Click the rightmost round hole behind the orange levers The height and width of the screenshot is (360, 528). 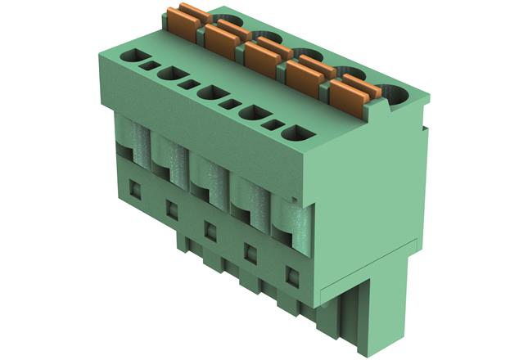coord(398,97)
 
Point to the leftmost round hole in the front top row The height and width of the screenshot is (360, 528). coord(130,56)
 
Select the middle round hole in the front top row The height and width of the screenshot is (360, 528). coord(212,92)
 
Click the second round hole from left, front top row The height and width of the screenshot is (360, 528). coord(170,74)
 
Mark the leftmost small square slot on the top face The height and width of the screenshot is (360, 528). coord(150,65)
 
